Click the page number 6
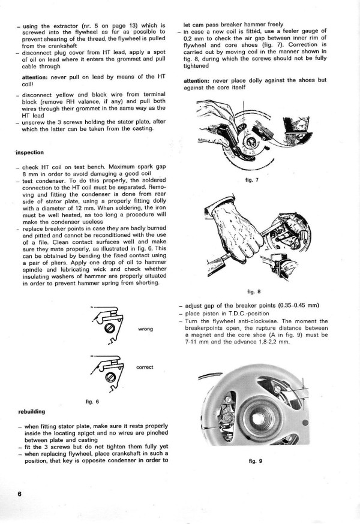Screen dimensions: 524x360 [19, 493]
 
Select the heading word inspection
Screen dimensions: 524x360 [31, 152]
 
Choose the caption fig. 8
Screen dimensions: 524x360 [253, 291]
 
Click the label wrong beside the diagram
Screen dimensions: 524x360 [146, 329]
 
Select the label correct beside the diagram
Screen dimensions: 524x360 [145, 367]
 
